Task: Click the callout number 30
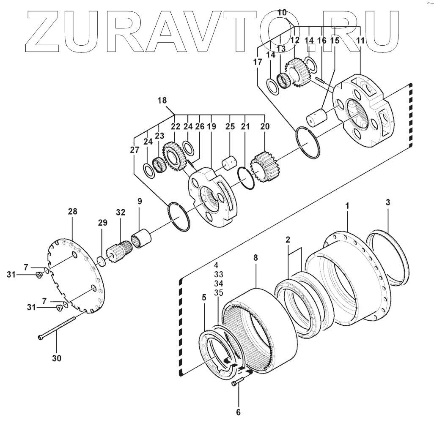[56, 358]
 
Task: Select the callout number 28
[72, 211]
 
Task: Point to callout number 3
[387, 202]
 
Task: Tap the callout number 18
[162, 101]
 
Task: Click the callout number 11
[360, 41]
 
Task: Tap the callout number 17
[258, 62]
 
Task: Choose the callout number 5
[204, 297]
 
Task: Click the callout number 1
[347, 206]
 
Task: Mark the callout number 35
[218, 292]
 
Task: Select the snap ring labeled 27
[179, 216]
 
